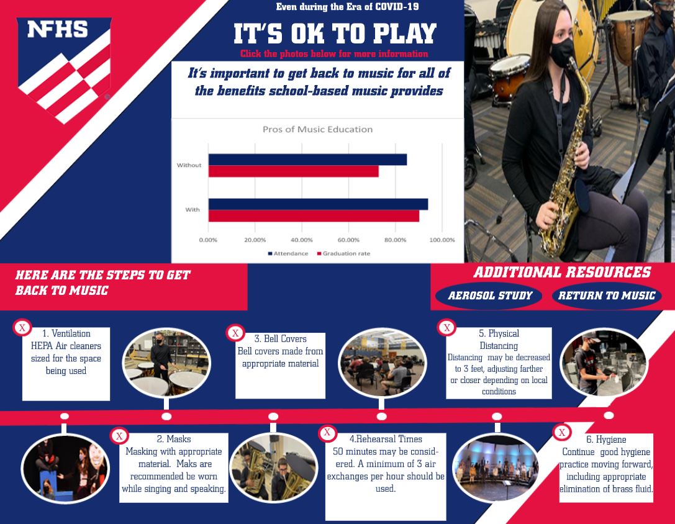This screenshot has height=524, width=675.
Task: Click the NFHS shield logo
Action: [64, 69]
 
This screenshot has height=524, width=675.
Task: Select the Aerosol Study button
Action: [489, 296]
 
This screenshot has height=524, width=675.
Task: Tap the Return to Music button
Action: [607, 296]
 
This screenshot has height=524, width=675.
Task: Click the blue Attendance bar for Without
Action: [307, 160]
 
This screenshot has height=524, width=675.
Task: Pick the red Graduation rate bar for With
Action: [314, 216]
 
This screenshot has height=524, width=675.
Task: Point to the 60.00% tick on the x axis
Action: [348, 240]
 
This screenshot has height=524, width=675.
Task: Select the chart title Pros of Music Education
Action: [318, 129]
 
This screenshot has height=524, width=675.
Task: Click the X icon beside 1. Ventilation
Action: [22, 328]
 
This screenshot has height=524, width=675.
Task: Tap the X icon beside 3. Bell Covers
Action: [235, 333]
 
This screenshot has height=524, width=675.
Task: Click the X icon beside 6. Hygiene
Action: [561, 432]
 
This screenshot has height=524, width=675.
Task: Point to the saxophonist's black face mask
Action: [562, 53]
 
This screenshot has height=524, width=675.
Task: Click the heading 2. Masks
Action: [173, 439]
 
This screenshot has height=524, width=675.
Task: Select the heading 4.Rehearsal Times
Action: [386, 439]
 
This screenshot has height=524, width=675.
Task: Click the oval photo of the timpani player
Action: [166, 363]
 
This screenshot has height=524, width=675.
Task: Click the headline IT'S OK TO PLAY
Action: [335, 34]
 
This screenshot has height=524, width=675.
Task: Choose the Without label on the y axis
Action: [189, 165]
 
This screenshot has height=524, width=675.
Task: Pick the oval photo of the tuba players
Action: [274, 468]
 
